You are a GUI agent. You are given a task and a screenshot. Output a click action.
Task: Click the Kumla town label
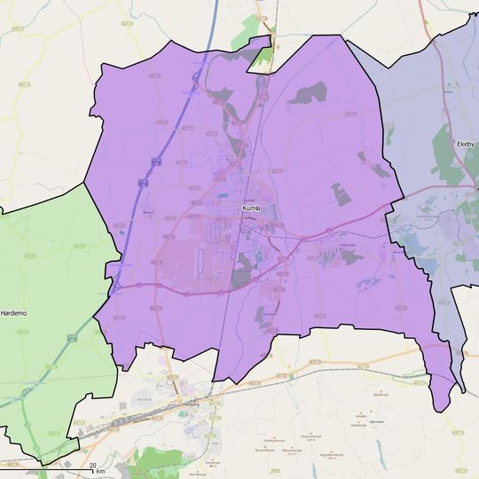(x=252, y=208)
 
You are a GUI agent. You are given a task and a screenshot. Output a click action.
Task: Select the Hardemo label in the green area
(x=14, y=313)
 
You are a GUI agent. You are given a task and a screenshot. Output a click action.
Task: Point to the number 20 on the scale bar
(x=91, y=466)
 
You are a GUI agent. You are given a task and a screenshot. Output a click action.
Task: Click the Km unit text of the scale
(x=100, y=471)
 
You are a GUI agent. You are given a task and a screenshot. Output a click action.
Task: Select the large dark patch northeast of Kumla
(x=309, y=94)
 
